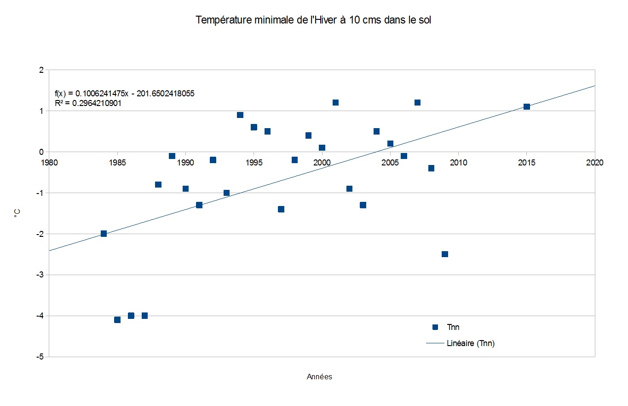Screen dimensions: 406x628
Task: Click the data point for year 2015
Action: tap(527, 106)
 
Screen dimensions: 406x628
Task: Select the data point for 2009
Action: tap(445, 254)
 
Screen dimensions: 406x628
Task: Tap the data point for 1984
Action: tap(104, 234)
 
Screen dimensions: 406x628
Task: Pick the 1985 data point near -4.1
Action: tap(117, 320)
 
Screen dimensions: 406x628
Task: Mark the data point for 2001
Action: tap(335, 102)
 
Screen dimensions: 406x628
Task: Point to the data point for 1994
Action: tap(240, 115)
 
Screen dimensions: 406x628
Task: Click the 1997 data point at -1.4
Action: tap(281, 209)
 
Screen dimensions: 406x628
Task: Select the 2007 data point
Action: tap(417, 102)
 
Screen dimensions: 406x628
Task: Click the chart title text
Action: tap(313, 21)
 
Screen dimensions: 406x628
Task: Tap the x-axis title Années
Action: tap(319, 377)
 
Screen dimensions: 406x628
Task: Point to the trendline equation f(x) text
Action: tap(124, 94)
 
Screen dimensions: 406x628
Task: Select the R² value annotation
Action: tap(88, 103)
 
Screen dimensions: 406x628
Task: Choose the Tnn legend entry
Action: tap(453, 327)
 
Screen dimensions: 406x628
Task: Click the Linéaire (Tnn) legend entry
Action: tap(470, 343)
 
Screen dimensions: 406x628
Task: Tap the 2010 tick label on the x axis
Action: tap(458, 163)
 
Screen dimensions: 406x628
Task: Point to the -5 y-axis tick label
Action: tap(40, 357)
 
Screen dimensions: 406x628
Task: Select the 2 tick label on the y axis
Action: tap(41, 70)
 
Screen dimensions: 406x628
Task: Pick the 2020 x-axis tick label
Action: tap(594, 163)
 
